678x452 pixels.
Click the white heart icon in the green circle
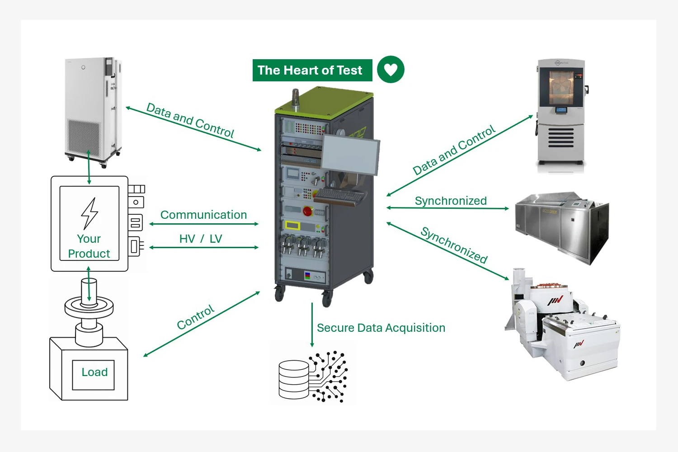point(391,70)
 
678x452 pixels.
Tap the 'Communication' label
point(203,215)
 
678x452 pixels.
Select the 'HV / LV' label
point(201,239)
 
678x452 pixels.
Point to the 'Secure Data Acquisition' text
point(381,328)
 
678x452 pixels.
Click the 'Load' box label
point(94,372)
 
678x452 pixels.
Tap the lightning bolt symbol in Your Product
point(89,213)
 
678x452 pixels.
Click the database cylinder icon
point(293,379)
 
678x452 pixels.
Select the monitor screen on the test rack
point(350,154)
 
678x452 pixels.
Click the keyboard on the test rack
point(339,195)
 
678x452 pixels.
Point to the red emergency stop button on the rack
point(308,211)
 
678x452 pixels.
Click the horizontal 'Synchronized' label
point(451,201)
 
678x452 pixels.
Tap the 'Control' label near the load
point(195,317)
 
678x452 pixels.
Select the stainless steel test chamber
point(562,226)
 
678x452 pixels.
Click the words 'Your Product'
point(89,246)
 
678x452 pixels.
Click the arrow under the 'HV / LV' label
point(204,248)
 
